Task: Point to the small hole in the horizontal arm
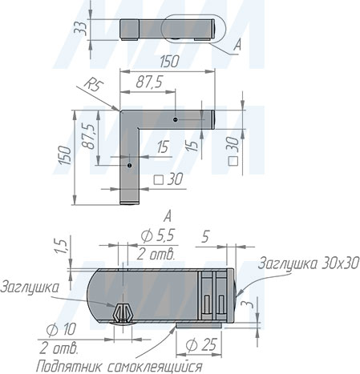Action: tap(176, 120)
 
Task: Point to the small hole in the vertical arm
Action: tap(129, 165)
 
